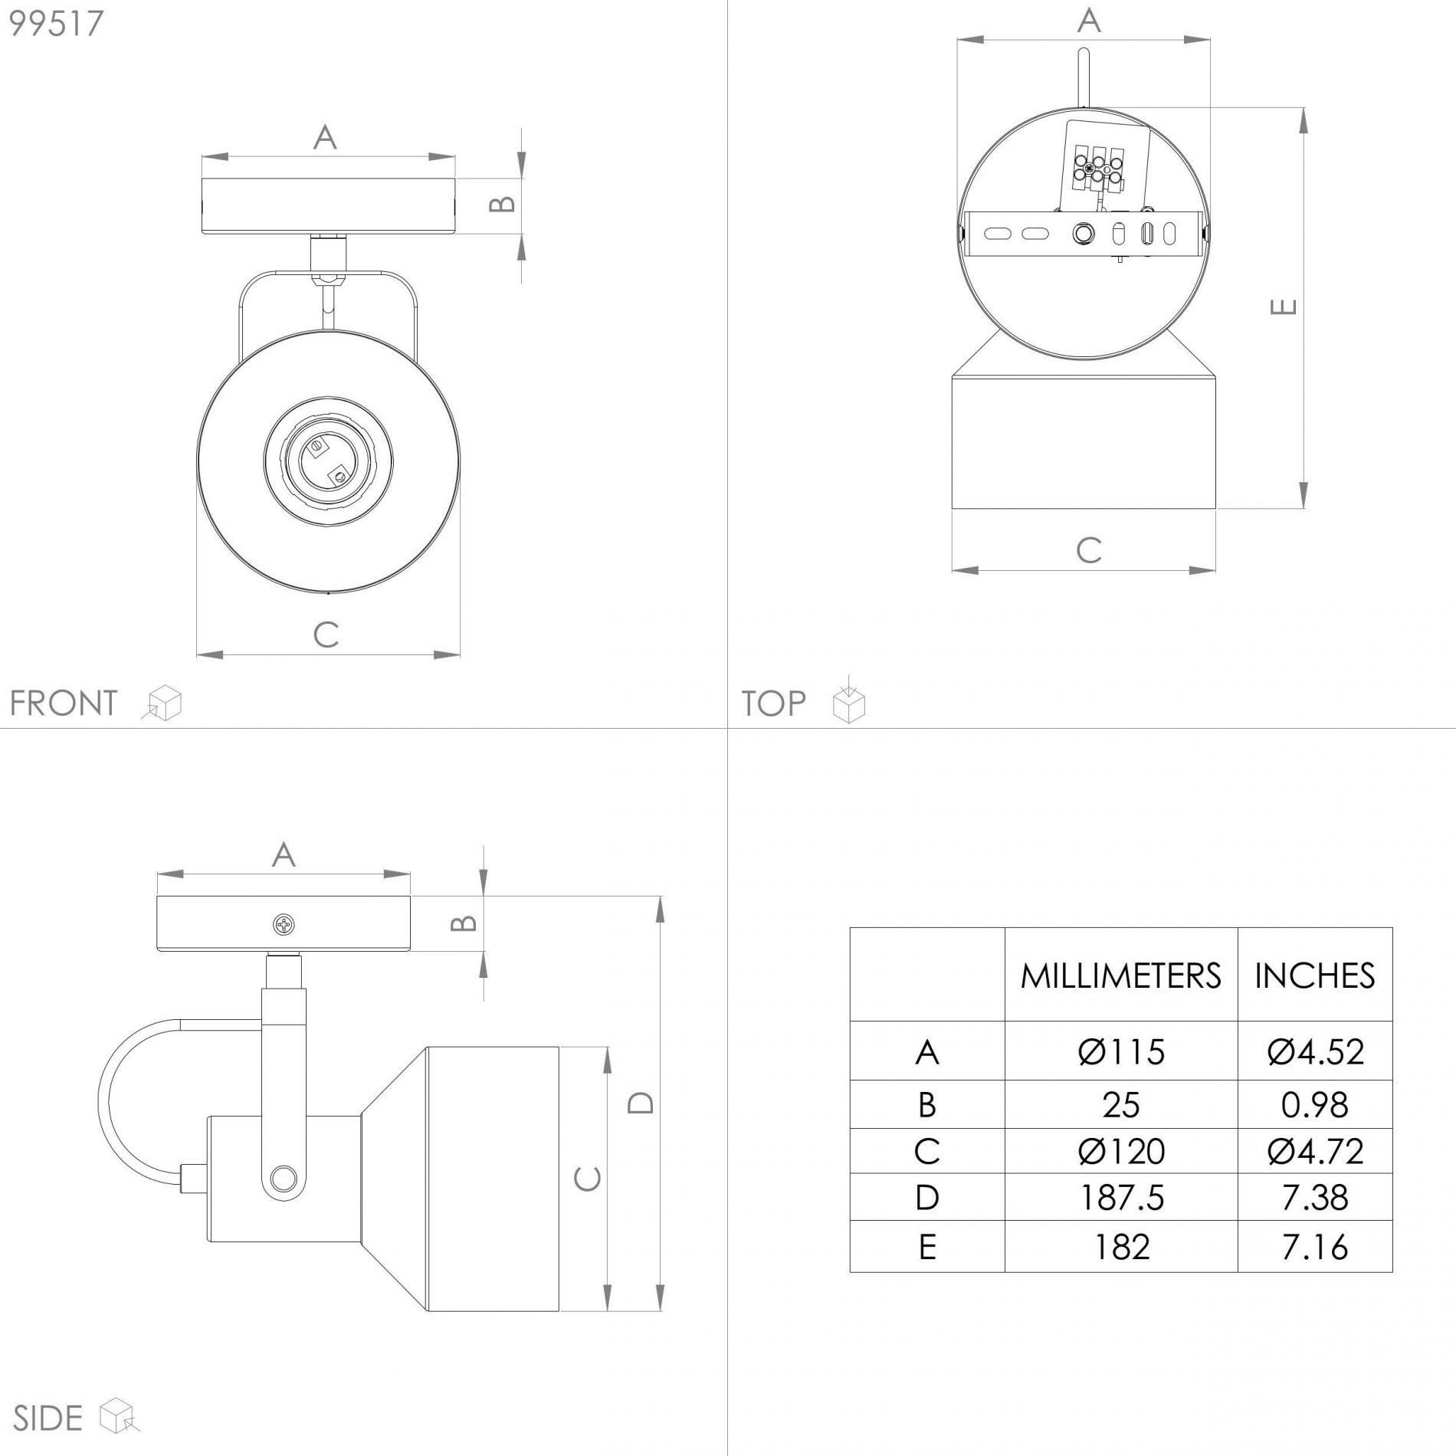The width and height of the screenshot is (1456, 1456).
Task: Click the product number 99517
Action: [x=56, y=23]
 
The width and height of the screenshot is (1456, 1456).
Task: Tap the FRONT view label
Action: [x=63, y=703]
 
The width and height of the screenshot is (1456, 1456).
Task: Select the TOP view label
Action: [x=773, y=703]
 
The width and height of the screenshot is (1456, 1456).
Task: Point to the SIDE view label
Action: [x=48, y=1418]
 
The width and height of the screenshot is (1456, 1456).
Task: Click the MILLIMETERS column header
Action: [x=1120, y=976]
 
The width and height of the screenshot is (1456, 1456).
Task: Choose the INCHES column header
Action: [x=1314, y=976]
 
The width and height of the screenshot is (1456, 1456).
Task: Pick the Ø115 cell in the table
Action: [x=1120, y=1052]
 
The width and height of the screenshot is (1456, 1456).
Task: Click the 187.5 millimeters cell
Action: [x=1120, y=1198]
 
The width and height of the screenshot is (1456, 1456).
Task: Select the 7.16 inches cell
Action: [x=1314, y=1247]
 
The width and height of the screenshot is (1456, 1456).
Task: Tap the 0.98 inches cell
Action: [x=1314, y=1105]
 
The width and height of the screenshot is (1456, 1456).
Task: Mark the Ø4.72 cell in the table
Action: [x=1314, y=1151]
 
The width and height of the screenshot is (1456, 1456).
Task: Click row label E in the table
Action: [x=927, y=1247]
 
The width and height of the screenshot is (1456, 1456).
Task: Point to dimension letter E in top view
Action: [x=1284, y=307]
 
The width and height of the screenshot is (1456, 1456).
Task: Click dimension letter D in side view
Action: [x=641, y=1102]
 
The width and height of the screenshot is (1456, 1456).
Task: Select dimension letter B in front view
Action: [x=503, y=204]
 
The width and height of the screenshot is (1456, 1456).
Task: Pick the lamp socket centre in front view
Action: [x=328, y=462]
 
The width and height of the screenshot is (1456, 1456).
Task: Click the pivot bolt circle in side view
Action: [x=283, y=1176]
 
